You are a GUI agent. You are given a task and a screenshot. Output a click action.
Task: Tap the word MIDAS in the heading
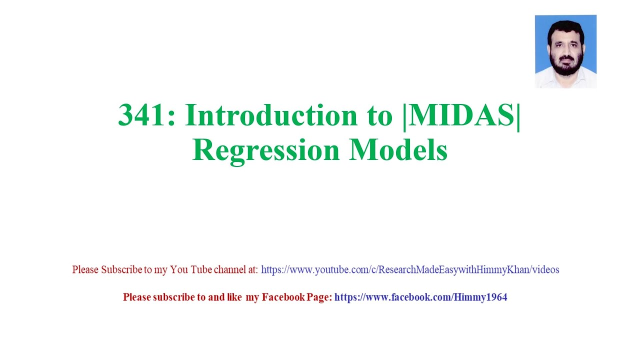coord(462,115)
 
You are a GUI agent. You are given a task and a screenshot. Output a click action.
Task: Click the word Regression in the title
coord(266,150)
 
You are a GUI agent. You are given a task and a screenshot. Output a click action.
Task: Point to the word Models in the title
coord(398,150)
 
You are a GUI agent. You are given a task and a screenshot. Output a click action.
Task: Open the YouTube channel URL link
coord(410,270)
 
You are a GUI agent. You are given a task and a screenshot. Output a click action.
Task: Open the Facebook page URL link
coord(420,297)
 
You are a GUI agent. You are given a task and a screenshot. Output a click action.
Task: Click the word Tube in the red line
coord(201,270)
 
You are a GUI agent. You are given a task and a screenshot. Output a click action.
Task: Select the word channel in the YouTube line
coord(230,270)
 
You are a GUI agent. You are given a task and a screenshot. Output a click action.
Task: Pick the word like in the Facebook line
coord(234,297)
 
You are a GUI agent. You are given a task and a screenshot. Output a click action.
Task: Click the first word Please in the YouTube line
coord(85,270)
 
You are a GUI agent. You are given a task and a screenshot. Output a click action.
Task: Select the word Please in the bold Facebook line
coord(136,297)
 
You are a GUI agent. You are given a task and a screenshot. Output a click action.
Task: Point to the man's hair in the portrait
coord(565,26)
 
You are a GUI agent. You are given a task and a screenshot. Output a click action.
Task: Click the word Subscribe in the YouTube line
coord(122,270)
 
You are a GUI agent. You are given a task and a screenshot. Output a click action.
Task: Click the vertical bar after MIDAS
coord(518,115)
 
